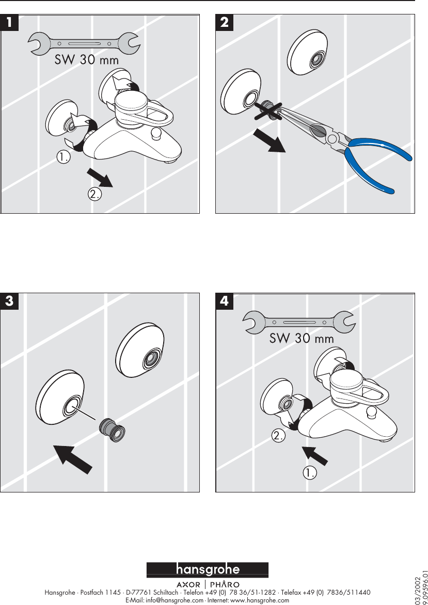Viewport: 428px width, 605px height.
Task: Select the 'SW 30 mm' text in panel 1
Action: pyautogui.click(x=87, y=60)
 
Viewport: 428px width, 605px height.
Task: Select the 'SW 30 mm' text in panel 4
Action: pyautogui.click(x=302, y=339)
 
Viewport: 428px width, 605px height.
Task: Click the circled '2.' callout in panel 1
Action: pyautogui.click(x=94, y=194)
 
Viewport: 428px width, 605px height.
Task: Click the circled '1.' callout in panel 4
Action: pyautogui.click(x=310, y=472)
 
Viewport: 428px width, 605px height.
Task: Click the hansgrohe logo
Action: pyautogui.click(x=208, y=570)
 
